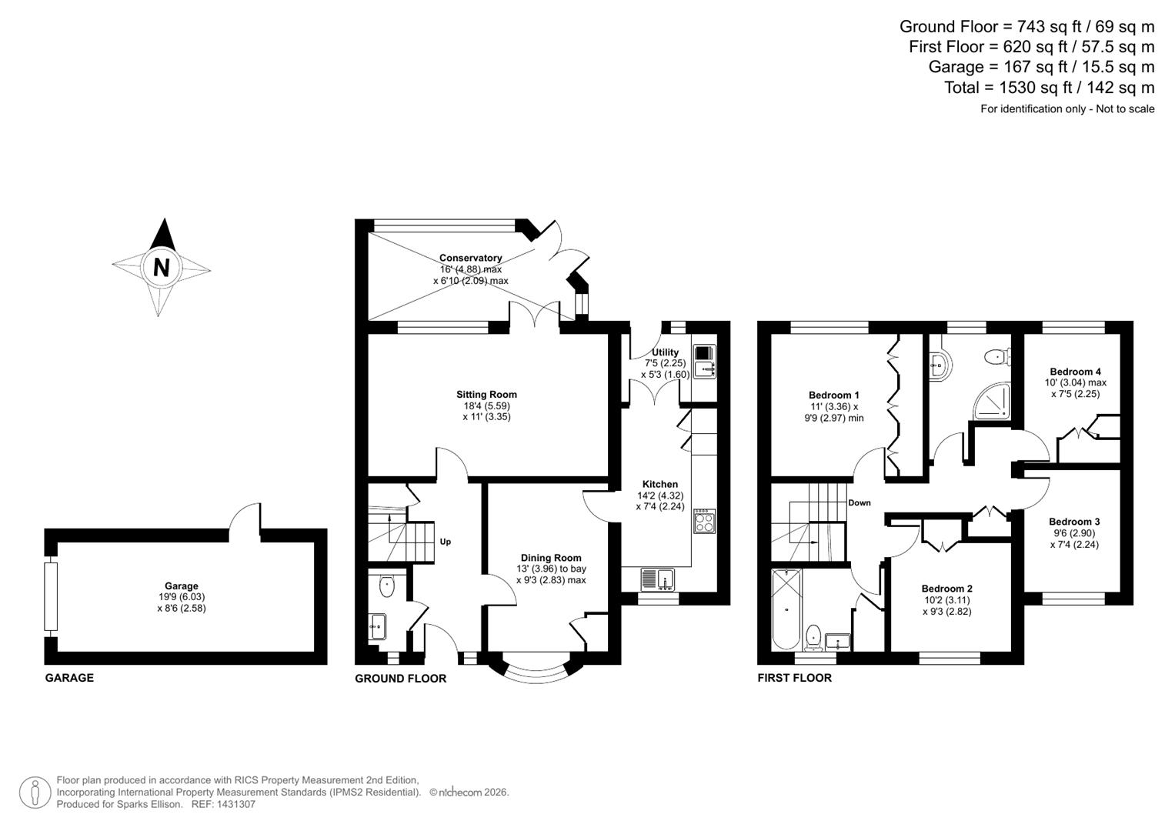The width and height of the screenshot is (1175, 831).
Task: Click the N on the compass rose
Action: click(161, 267)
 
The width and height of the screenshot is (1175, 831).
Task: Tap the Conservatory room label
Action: click(470, 258)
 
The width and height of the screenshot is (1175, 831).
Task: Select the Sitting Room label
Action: click(486, 395)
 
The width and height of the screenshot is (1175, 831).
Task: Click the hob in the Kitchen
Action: click(703, 522)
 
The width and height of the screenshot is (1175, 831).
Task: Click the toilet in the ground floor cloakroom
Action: click(386, 587)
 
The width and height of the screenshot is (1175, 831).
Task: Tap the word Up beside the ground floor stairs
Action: click(445, 542)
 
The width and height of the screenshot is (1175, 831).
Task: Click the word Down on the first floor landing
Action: click(860, 503)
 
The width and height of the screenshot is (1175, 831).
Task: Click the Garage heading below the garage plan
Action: click(69, 678)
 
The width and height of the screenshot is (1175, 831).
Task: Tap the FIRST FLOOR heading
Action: click(794, 678)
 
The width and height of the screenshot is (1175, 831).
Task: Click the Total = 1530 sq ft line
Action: click(1049, 88)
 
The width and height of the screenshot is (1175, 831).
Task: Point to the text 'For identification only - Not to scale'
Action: click(1067, 109)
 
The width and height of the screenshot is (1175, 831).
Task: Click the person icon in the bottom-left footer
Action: click(35, 793)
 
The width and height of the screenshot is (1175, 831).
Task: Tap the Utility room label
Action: click(665, 352)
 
